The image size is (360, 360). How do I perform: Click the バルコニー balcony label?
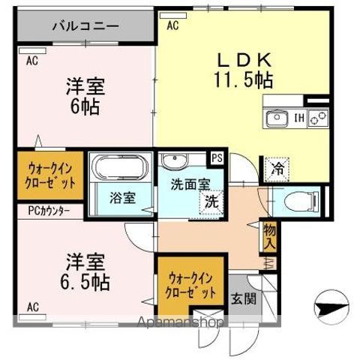click(85, 25)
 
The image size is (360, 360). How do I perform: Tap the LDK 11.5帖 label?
click(244, 67)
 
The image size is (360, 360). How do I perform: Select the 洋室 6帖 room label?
click(83, 96)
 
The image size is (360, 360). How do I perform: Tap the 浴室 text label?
click(120, 198)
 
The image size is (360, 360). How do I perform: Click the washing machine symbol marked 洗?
click(211, 201)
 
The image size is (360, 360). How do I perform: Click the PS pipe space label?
click(217, 157)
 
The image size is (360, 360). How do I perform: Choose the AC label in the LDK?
click(172, 25)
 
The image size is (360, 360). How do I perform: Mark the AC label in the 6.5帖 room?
click(34, 307)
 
